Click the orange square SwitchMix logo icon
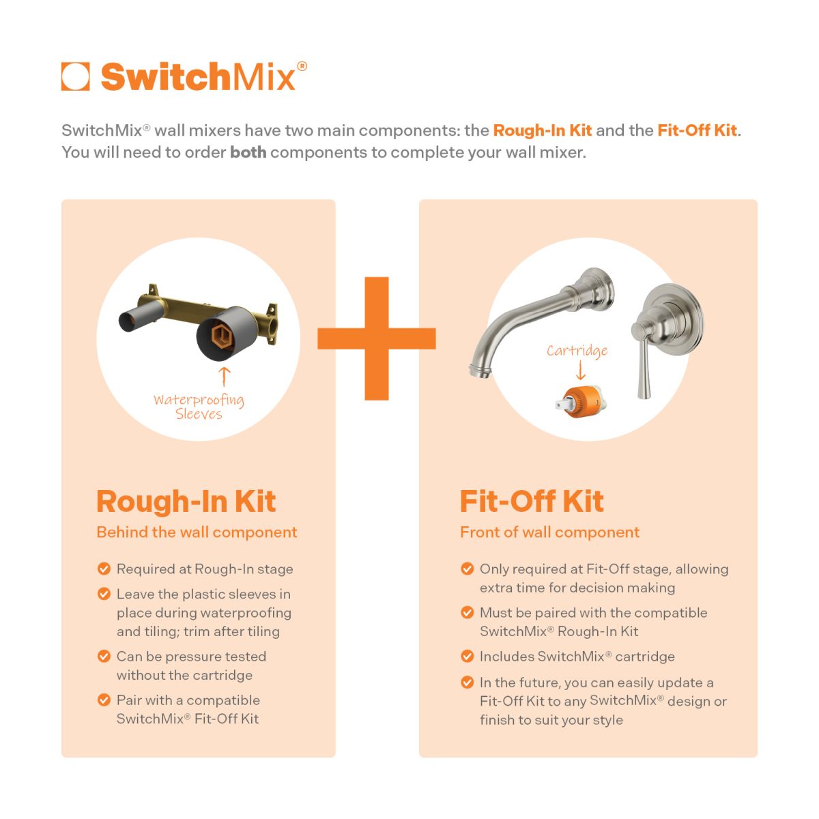tap(75, 76)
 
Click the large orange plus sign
tap(377, 338)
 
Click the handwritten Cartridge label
tap(577, 351)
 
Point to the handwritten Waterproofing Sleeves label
tap(199, 407)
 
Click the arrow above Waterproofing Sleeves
tap(225, 376)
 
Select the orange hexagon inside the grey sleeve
tap(220, 335)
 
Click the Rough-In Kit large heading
tap(186, 502)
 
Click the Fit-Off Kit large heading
tap(532, 502)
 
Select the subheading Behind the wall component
tap(197, 532)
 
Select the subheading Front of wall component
tap(549, 532)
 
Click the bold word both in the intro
tap(248, 152)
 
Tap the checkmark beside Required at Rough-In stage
tap(104, 569)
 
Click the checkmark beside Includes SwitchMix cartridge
tap(468, 657)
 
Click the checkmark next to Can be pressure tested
tap(104, 657)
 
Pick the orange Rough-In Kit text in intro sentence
tap(543, 130)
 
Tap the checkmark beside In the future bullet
tap(468, 682)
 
